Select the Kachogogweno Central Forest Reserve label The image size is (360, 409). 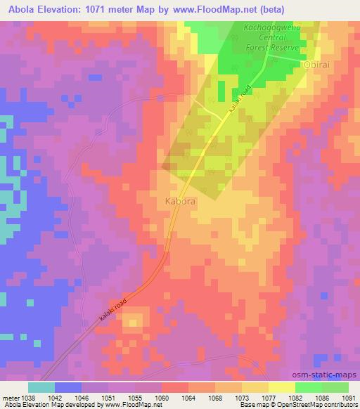click(x=271, y=38)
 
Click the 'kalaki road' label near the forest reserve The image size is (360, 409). click(x=239, y=101)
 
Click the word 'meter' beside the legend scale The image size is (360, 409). click(x=10, y=397)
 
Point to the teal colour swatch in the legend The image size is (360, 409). click(x=41, y=387)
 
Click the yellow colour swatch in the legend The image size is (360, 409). click(x=281, y=387)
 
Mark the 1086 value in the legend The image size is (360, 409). click(x=321, y=397)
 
